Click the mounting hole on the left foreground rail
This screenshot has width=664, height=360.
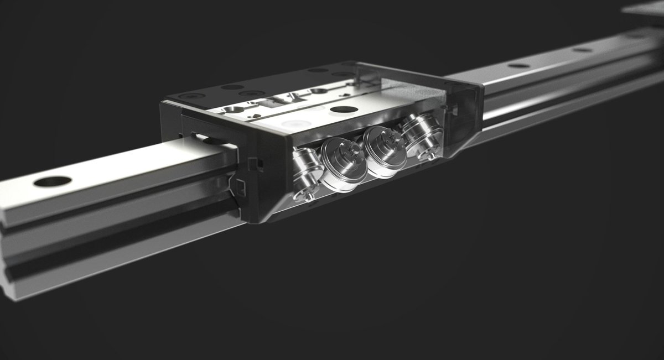[x=53, y=181]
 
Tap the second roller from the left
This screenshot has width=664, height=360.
[x=342, y=164]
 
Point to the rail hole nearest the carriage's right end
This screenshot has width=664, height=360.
[x=518, y=66]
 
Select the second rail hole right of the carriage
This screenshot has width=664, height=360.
[x=582, y=50]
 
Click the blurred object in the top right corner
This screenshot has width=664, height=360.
[x=645, y=8]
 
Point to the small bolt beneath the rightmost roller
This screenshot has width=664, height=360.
[x=427, y=156]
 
